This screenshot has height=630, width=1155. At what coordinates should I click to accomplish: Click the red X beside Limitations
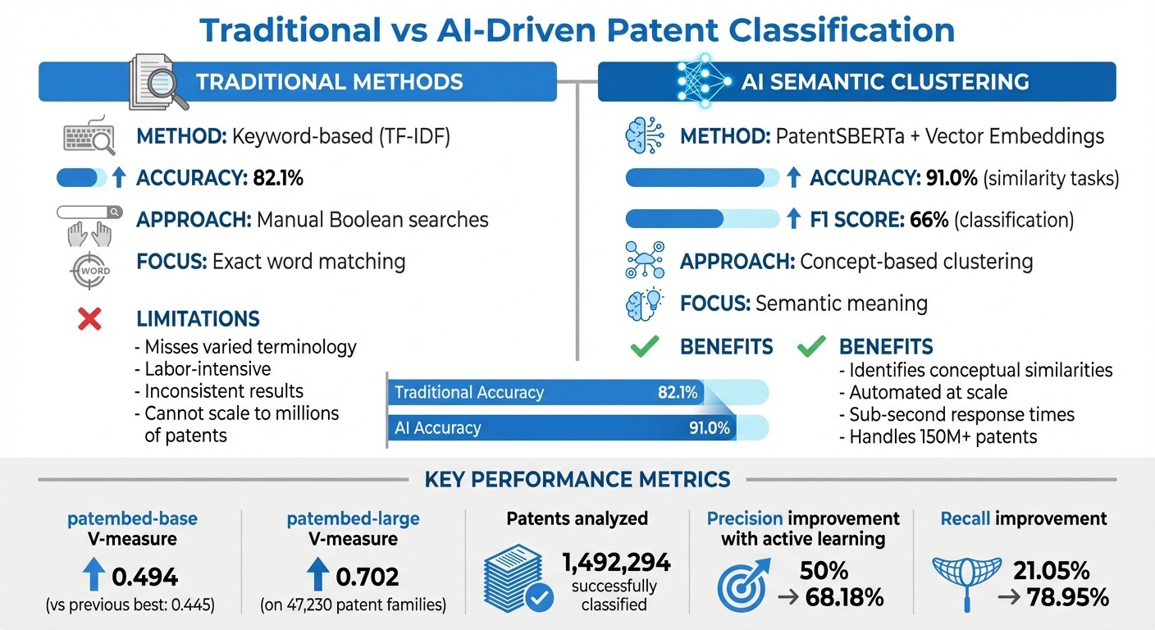89,319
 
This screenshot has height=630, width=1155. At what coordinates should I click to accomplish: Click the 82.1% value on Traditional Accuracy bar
678,392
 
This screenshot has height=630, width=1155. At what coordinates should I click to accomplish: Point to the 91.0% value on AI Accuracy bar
710,428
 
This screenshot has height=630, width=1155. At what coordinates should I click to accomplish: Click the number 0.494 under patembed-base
144,577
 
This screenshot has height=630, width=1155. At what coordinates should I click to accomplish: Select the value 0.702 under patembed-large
367,577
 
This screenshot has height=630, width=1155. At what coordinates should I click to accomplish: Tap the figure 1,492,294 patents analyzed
616,562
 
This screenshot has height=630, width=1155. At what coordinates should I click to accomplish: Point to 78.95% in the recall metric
1067,597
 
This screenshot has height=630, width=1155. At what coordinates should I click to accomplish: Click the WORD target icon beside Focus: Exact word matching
89,270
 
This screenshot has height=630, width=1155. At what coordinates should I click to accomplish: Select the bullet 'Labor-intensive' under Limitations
208,369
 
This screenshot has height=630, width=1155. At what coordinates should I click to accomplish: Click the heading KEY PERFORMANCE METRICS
577,479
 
